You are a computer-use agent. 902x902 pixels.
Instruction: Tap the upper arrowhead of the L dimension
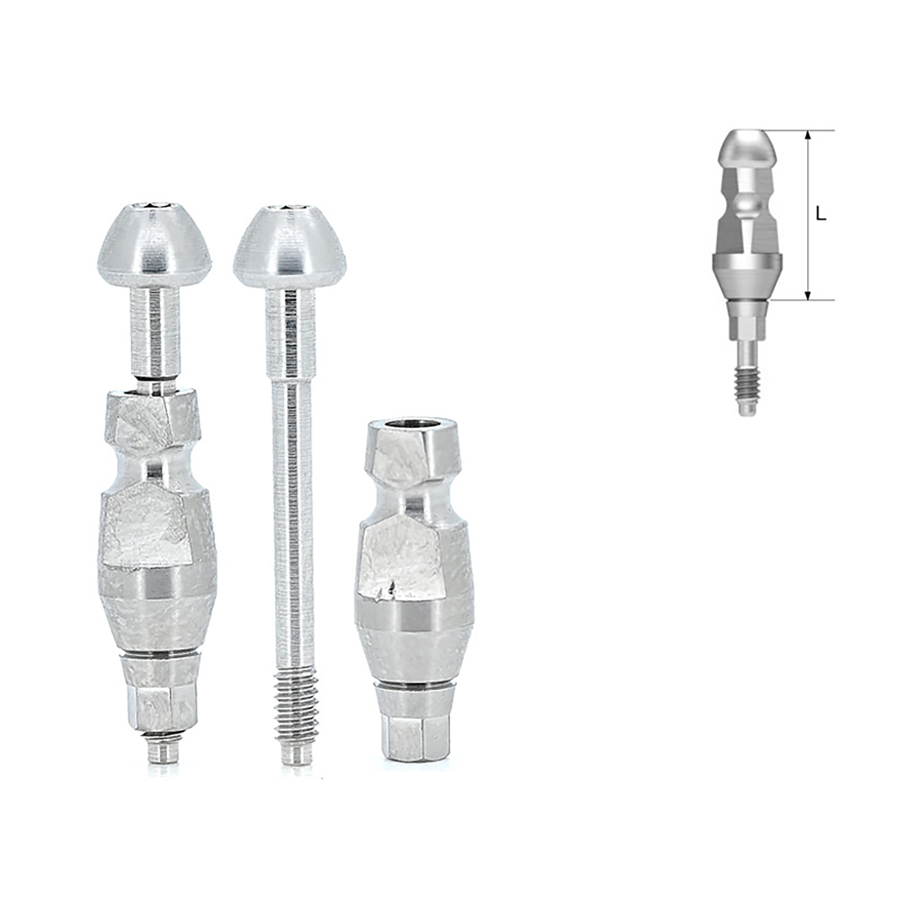pyautogui.click(x=808, y=135)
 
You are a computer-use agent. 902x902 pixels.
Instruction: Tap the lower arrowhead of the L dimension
pyautogui.click(x=808, y=295)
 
